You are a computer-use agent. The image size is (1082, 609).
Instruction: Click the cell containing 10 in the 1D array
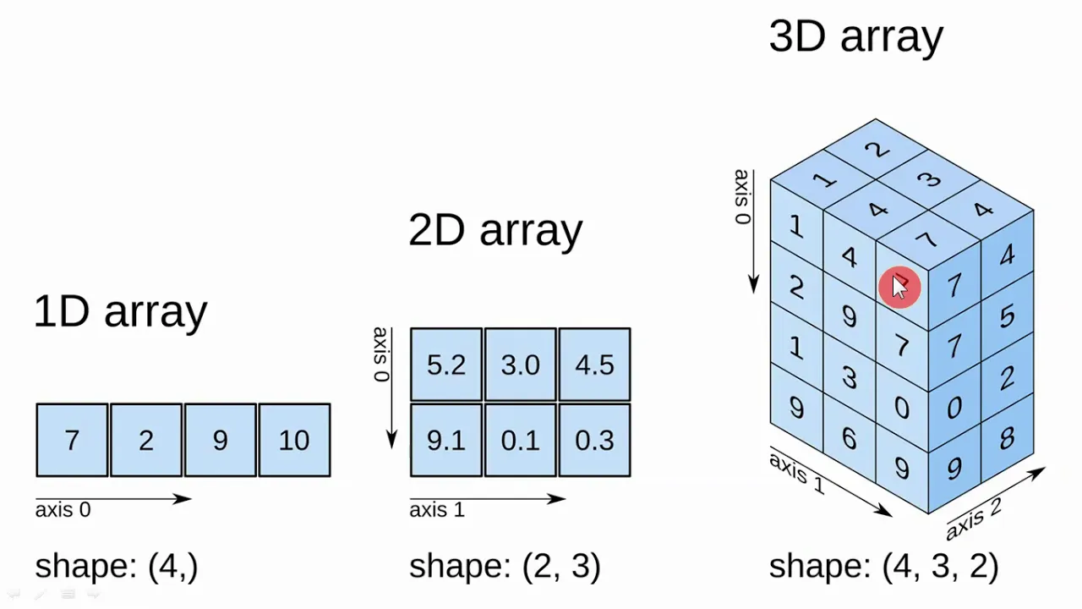point(295,440)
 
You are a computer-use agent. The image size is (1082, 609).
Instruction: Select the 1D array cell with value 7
point(72,440)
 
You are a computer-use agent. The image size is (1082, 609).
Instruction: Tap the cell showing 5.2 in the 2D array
point(446,365)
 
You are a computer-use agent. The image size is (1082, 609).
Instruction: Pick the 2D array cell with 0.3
point(594,440)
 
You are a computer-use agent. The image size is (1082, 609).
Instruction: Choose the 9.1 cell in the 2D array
point(446,440)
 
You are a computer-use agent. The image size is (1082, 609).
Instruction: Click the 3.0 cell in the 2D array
point(520,365)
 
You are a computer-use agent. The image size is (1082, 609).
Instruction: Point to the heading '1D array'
point(121,312)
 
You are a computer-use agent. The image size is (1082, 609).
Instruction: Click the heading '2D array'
point(495,231)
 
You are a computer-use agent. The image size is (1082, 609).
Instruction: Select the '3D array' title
point(856,37)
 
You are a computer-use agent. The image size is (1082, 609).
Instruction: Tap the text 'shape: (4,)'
point(117,566)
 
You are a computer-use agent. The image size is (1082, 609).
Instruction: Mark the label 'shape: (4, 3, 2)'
point(883,566)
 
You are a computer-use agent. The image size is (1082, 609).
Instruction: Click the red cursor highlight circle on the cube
point(899,287)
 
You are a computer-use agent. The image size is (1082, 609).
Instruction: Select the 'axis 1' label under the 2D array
point(437,510)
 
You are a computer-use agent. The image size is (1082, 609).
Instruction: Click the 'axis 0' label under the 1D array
point(63,510)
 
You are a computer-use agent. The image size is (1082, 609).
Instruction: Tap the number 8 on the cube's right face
point(1007,439)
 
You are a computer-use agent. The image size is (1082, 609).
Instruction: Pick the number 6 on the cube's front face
point(850,438)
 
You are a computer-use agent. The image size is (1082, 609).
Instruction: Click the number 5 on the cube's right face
point(1007,317)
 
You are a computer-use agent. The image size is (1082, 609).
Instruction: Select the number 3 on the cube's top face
point(929,179)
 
